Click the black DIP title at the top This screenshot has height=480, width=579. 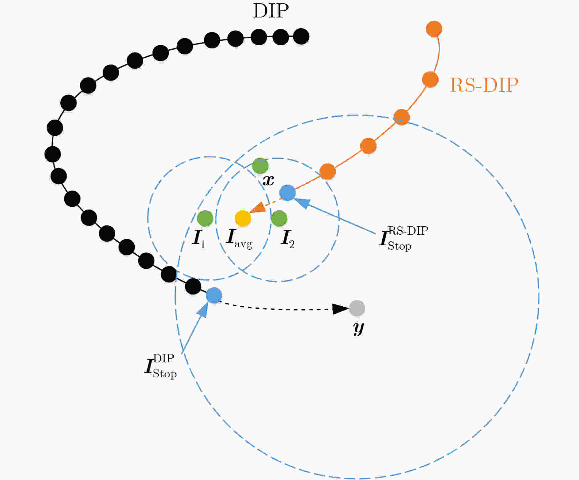click(271, 12)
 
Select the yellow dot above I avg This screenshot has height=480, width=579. click(243, 218)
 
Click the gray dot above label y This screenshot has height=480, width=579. click(357, 308)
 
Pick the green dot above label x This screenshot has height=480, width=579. click(260, 166)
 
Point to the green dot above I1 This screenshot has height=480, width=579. click(205, 218)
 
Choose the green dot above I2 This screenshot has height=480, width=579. click(279, 218)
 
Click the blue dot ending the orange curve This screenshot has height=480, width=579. click(288, 193)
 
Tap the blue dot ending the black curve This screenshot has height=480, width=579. click(214, 295)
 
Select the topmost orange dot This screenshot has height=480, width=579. click(434, 29)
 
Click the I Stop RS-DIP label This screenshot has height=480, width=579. click(403, 238)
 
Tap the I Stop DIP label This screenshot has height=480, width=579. click(160, 366)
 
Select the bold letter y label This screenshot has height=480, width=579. click(358, 328)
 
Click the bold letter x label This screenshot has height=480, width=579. click(269, 181)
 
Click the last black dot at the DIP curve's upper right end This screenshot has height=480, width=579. click(301, 36)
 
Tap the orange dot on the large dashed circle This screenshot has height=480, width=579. click(401, 117)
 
